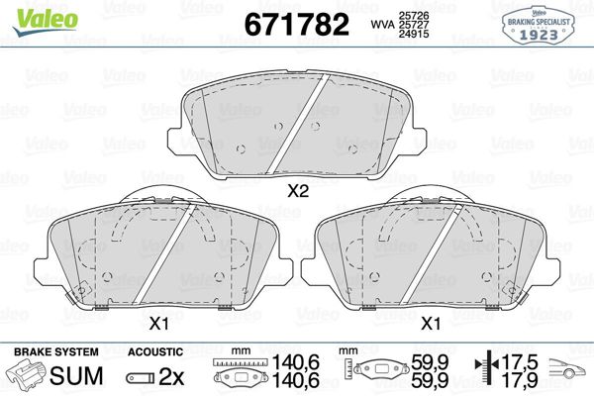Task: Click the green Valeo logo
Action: tap(46, 21)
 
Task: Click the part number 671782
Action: tap(297, 24)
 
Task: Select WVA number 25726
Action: tap(413, 16)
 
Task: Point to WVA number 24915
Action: tap(413, 34)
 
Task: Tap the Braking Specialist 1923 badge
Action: tap(539, 25)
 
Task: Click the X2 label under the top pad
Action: tap(298, 191)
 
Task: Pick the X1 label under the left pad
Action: tap(159, 324)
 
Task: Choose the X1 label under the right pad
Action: tap(431, 324)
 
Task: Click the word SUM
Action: tap(76, 375)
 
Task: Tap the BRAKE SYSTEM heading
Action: tap(56, 351)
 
